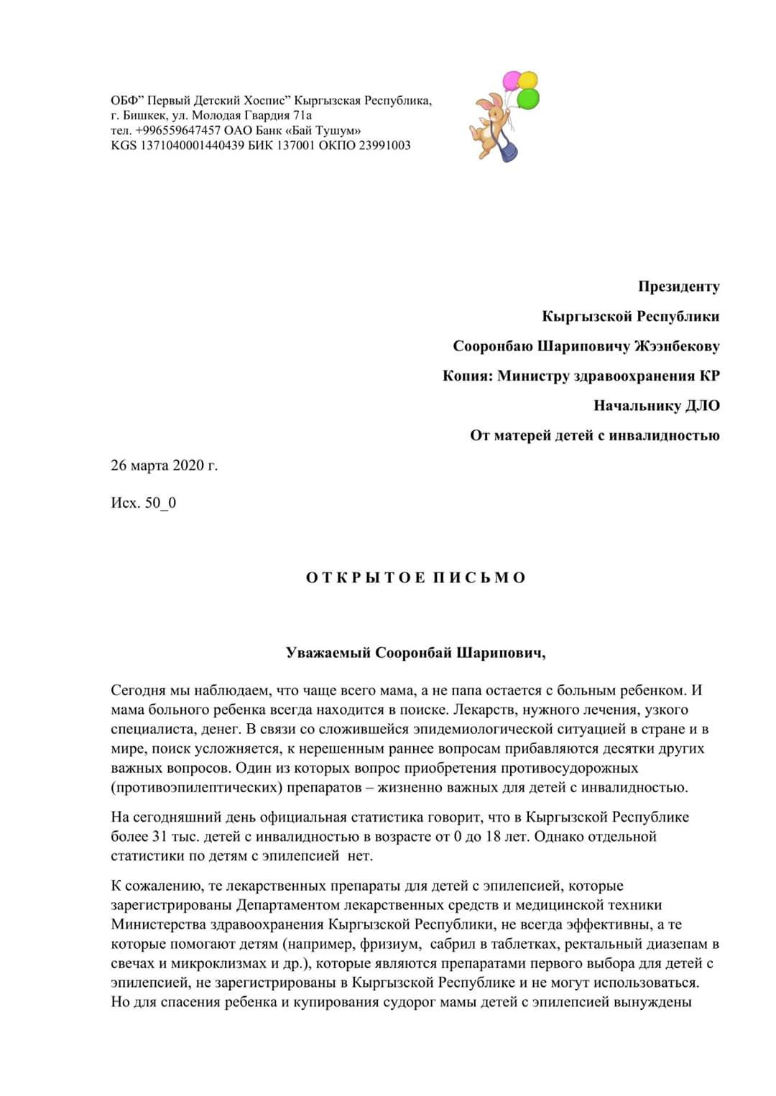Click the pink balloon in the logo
click(x=512, y=80)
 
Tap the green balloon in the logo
click(x=528, y=98)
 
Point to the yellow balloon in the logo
click(x=528, y=79)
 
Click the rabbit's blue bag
click(x=509, y=151)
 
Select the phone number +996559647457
click(x=177, y=130)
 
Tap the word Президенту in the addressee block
click(x=678, y=287)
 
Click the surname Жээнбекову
click(x=676, y=346)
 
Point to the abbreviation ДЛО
click(x=702, y=406)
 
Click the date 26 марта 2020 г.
click(x=164, y=465)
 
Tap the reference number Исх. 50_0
click(x=143, y=503)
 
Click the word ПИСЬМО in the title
click(x=479, y=578)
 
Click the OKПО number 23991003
click(x=384, y=145)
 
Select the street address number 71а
click(x=302, y=115)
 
